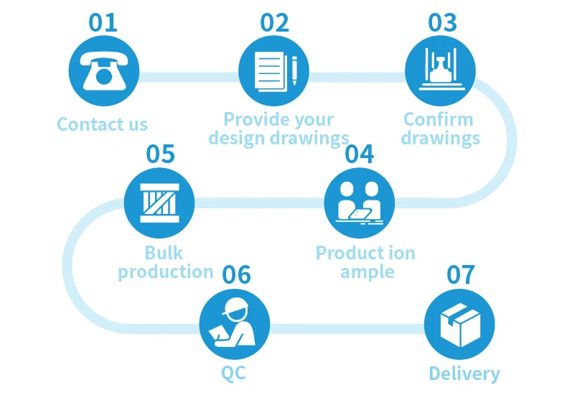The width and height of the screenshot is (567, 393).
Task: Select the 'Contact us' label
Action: [102, 124]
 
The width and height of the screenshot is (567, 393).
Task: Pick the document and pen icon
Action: [273, 72]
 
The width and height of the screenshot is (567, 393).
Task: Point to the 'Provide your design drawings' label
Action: [278, 129]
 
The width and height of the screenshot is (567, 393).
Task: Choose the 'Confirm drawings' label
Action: [440, 129]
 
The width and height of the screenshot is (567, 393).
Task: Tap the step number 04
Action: [360, 154]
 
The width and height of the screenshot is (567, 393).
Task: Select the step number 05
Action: [161, 154]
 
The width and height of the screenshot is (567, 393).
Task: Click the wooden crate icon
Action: [160, 202]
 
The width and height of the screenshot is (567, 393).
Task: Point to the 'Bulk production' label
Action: [165, 262]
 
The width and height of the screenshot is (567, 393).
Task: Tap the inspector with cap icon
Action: [235, 323]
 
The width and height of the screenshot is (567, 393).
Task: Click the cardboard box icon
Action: [460, 323]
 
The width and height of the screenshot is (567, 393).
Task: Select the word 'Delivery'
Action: [464, 374]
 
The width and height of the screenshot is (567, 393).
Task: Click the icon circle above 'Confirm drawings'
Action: [441, 72]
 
